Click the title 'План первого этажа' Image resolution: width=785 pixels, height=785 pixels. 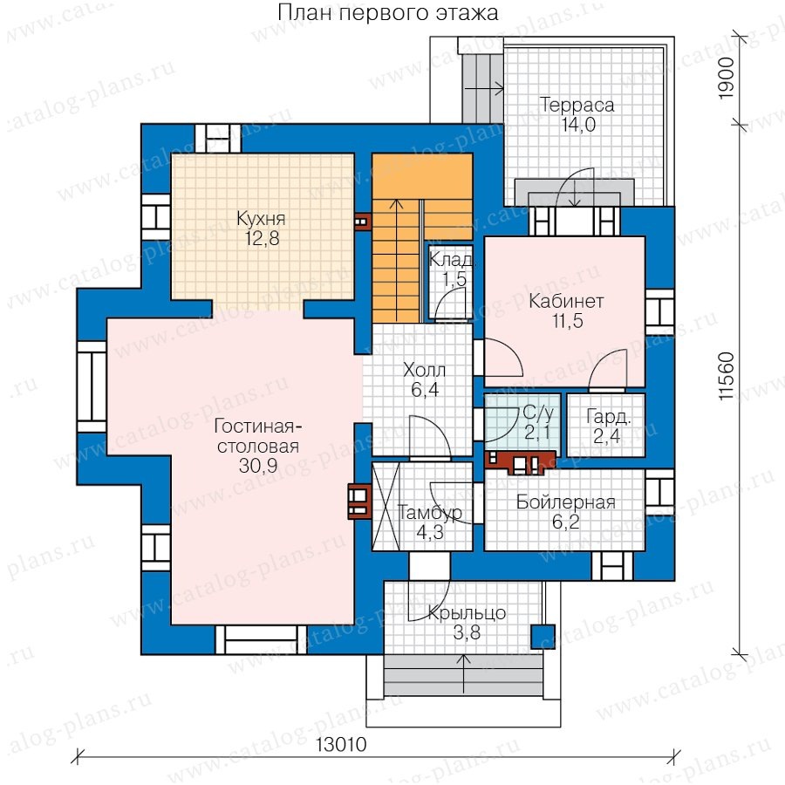[388, 13]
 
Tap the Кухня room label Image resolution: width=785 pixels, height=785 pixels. [262, 219]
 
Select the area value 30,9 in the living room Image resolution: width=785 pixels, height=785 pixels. [258, 466]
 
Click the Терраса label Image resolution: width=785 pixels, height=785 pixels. [577, 106]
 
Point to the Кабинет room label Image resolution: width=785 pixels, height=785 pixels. [566, 302]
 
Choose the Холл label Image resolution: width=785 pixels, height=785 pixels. [424, 371]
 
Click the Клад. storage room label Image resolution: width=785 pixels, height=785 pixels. [451, 260]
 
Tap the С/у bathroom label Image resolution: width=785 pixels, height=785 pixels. [539, 413]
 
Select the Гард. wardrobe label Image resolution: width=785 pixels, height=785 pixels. [608, 417]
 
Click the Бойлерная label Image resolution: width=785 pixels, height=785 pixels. [566, 502]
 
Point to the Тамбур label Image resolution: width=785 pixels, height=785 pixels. [429, 513]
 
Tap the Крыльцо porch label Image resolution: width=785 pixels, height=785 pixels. [467, 613]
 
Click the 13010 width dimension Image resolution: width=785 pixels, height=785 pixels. [341, 745]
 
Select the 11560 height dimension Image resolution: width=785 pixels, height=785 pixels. [727, 376]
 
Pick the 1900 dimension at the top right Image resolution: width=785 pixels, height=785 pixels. [727, 78]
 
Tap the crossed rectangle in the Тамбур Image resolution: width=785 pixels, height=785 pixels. [386, 506]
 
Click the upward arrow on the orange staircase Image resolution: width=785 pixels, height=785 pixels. [396, 260]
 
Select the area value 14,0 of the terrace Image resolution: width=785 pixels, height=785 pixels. [578, 125]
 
